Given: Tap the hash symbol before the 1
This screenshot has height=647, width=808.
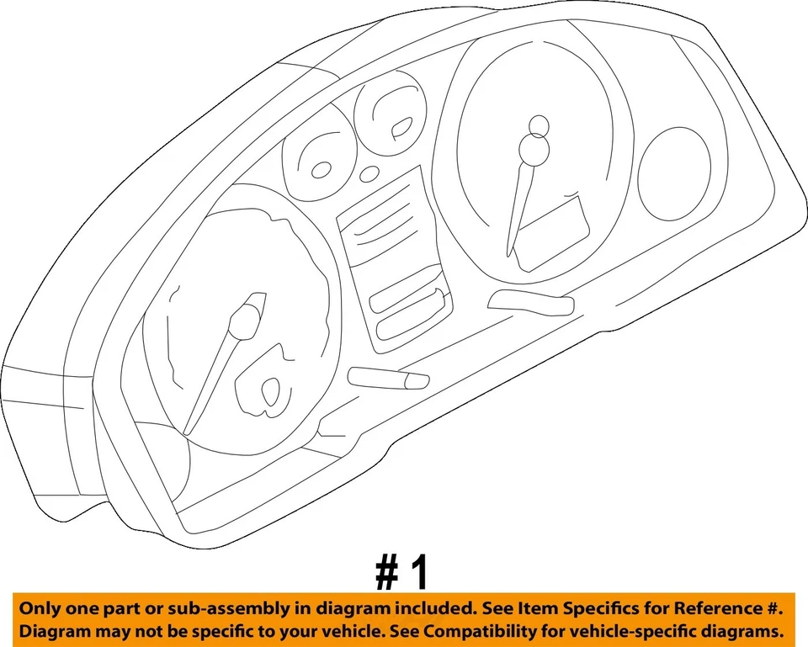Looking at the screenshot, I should point(386,571).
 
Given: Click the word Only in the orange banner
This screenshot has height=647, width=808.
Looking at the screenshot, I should point(41,607).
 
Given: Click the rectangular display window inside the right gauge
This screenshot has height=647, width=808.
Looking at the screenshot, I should point(551,231).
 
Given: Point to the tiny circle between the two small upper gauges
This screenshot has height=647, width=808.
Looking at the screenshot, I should point(370,173).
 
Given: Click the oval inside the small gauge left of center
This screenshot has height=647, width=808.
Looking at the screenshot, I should point(322,170).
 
